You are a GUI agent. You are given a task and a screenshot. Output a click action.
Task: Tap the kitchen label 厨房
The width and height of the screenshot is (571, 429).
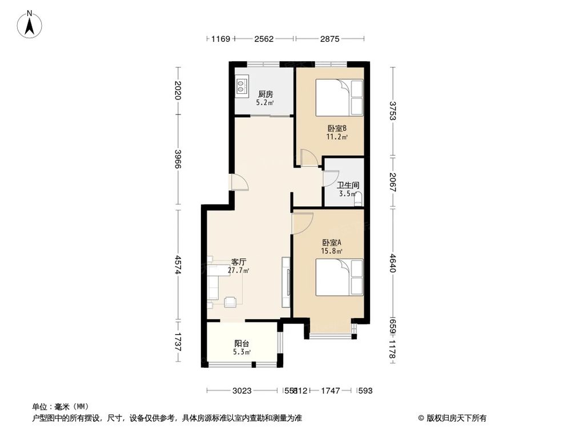click(x=264, y=94)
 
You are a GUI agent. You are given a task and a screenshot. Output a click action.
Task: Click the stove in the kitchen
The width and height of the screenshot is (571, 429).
click(x=242, y=86)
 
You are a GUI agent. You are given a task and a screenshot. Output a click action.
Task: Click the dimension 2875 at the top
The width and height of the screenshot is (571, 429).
click(x=329, y=39)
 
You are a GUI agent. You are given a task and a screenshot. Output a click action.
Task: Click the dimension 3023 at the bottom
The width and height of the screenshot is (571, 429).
click(x=242, y=391)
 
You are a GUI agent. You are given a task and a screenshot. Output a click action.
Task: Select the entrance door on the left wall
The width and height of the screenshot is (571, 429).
click(x=238, y=181)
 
